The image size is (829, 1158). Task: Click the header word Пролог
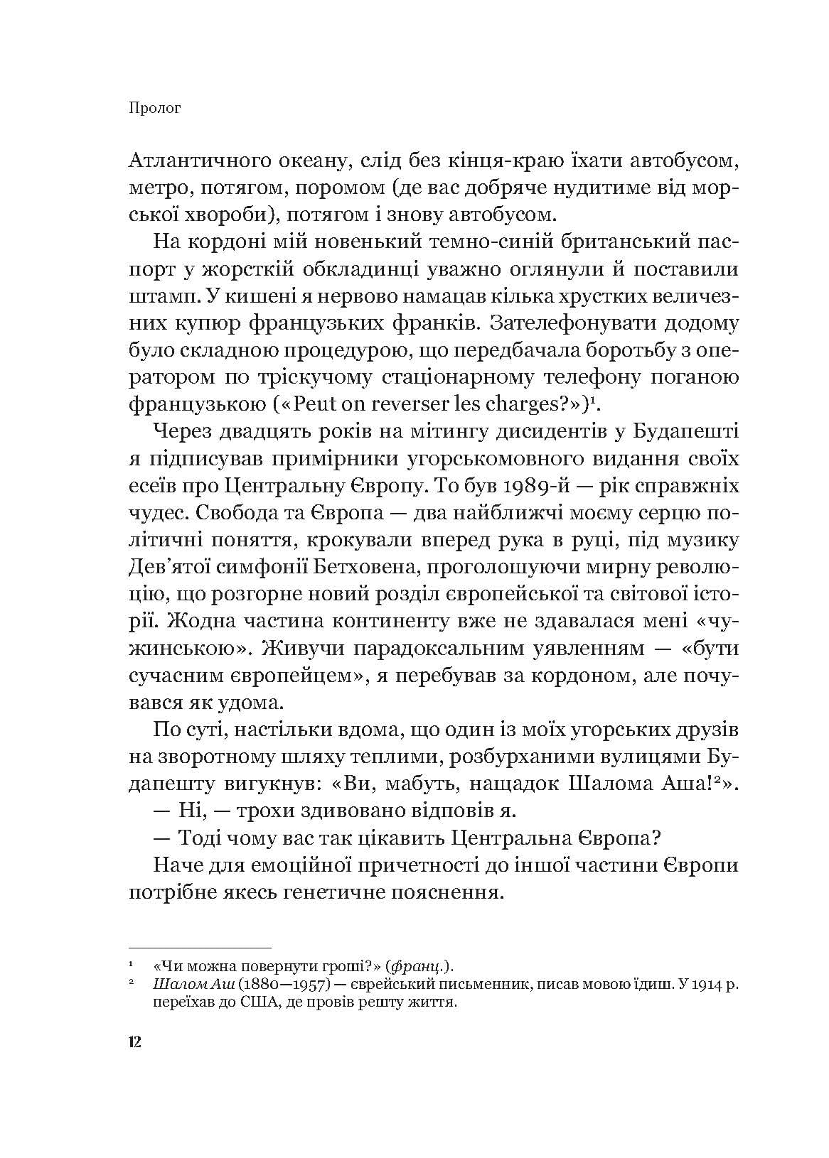[154, 109]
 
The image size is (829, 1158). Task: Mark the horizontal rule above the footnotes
[200, 947]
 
